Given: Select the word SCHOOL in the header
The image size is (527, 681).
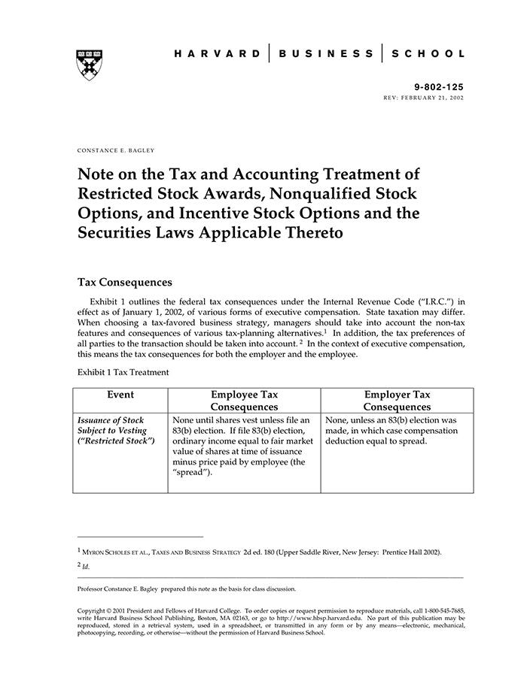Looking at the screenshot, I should click(x=431, y=54).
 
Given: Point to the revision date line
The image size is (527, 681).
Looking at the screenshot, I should click(x=424, y=98).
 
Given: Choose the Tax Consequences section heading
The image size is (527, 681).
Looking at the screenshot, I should click(x=125, y=283).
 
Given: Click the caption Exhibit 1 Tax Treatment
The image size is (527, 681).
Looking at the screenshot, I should click(x=123, y=372).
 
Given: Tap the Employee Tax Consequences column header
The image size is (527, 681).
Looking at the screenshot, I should click(x=245, y=401).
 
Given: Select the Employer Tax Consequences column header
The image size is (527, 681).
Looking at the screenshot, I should click(x=397, y=401).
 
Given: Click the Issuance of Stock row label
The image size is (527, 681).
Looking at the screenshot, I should click(x=111, y=419).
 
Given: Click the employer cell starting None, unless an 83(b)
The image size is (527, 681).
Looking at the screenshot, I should click(x=391, y=431).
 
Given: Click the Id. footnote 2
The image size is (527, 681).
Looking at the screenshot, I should click(x=86, y=566).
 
